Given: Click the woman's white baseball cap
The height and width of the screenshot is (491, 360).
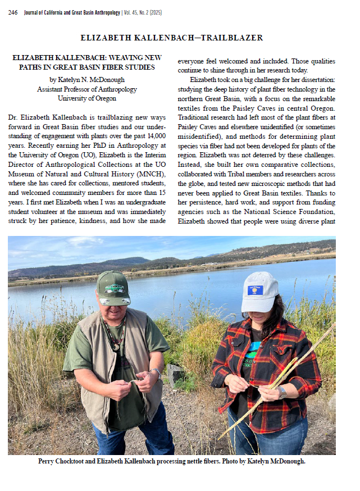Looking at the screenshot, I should coord(259,291).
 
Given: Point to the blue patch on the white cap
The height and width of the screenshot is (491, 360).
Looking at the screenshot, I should coord(256,290).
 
